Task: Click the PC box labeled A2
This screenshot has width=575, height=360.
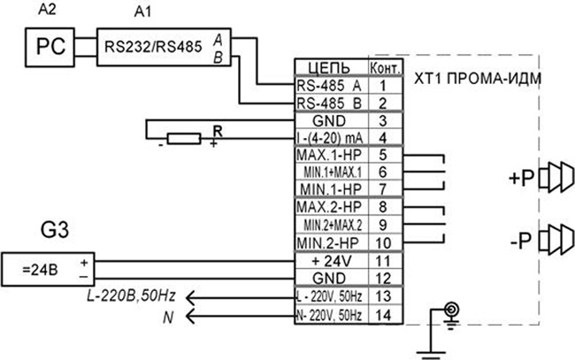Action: [x=50, y=47]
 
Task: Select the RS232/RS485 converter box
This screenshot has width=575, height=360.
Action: [x=164, y=47]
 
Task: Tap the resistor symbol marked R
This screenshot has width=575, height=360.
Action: [x=184, y=139]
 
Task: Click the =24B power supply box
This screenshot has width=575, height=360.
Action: [x=48, y=269]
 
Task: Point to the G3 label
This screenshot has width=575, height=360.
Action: [x=55, y=230]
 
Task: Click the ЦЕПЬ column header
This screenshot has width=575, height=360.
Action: [x=329, y=68]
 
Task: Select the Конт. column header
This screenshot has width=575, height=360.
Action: [x=386, y=68]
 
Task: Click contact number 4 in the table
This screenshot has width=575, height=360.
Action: [x=383, y=138]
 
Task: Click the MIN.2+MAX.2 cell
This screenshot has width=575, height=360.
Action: [x=332, y=225]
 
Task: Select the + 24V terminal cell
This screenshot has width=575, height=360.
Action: [x=332, y=261]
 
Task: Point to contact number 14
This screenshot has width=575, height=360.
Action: [x=383, y=315]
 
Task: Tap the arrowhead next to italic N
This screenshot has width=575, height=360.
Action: [x=190, y=316]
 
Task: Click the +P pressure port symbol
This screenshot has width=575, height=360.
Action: [x=556, y=178]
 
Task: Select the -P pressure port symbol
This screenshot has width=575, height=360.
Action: [x=556, y=240]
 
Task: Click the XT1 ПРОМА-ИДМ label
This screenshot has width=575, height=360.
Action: [x=478, y=79]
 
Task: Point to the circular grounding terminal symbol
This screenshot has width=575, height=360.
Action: [x=451, y=310]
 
